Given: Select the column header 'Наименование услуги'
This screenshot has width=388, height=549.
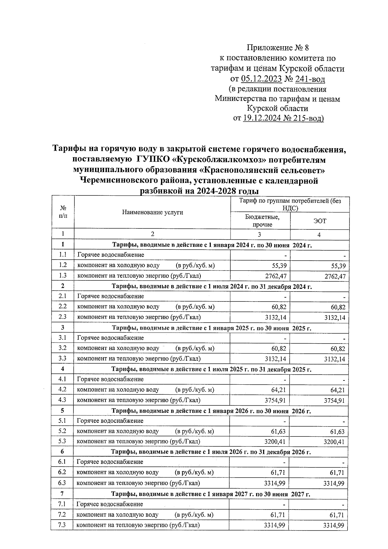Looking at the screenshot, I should [152, 212].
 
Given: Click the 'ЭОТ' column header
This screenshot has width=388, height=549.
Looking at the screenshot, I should [319, 221].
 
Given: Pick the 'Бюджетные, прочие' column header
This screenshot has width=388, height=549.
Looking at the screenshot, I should [262, 221].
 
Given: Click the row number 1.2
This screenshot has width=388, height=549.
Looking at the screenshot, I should [63, 265].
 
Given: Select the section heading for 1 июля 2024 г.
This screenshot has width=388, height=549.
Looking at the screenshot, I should [211, 286].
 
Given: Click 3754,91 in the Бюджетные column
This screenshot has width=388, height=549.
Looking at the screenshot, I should [275, 401].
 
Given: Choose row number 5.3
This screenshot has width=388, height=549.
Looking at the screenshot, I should [62, 441].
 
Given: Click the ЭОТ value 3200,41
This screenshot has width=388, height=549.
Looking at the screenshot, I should [334, 442].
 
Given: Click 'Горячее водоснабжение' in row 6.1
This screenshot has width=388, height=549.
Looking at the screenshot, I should [110, 462].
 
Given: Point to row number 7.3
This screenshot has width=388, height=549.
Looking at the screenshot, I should [62, 525].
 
